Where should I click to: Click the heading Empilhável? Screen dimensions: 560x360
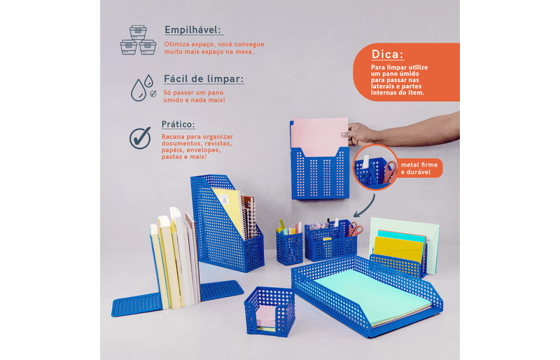coord(193,30)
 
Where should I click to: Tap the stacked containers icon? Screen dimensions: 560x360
coord(138,40)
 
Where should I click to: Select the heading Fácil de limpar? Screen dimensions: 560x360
coord(204,79)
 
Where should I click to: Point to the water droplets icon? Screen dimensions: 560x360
coord(143,88)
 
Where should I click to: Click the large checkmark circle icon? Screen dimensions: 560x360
coord(140,138)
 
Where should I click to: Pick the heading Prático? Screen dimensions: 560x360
coord(178,125)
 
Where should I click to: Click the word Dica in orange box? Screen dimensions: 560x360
coord(388,55)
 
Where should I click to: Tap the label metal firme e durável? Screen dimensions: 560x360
coord(419,168)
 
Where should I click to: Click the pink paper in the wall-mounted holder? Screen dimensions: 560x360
coord(320,136)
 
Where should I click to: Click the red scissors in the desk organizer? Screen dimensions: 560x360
coord(355,229)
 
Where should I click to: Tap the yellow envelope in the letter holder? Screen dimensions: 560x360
coord(399,249)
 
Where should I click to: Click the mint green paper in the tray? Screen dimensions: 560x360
coord(373,297)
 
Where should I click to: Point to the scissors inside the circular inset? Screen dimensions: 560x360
coord(391,171)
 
